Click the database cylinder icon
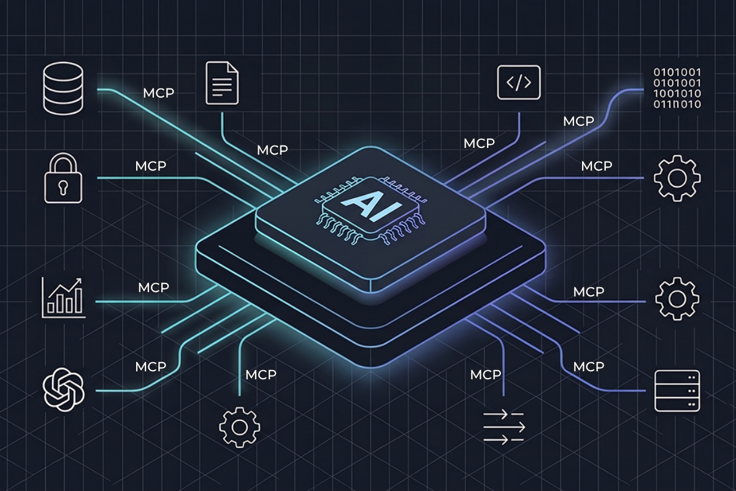63,88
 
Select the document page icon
222,83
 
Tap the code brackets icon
519,82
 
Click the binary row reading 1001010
677,93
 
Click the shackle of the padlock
63,163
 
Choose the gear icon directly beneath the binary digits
677,178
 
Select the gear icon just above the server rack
677,299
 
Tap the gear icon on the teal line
240,427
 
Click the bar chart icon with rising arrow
63,298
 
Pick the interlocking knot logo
63,390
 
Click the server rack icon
677,391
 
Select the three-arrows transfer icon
504,427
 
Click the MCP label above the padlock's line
151,166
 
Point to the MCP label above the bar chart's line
153,288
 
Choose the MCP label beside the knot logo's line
151,366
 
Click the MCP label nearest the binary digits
578,122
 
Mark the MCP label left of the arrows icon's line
486,374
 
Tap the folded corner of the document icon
233,67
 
